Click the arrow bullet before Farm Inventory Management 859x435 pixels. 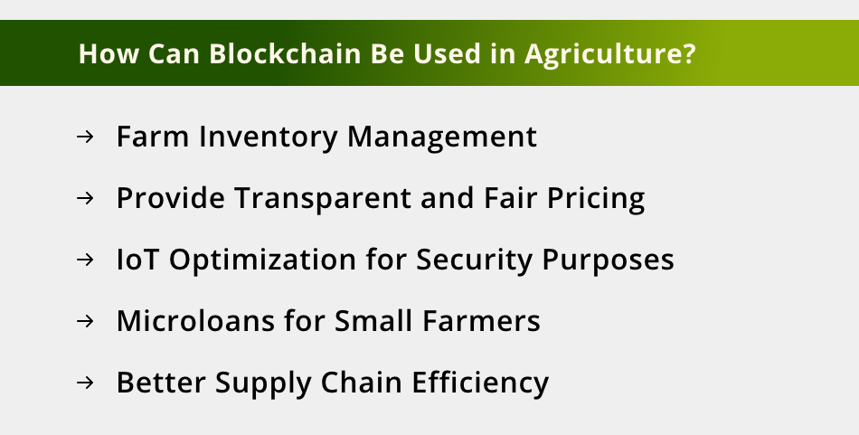pos(86,137)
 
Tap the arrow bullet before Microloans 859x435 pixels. pos(86,321)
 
